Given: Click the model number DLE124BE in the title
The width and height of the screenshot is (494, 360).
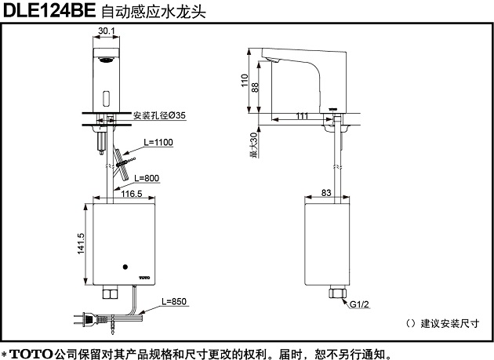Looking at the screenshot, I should pyautogui.click(x=51, y=12).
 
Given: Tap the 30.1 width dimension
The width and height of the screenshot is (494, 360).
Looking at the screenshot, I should pyautogui.click(x=107, y=31).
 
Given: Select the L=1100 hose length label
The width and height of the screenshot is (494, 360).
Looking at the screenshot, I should pyautogui.click(x=158, y=142).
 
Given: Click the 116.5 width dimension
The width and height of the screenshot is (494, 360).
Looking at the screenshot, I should pyautogui.click(x=129, y=192).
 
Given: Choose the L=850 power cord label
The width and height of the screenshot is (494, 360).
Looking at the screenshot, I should pyautogui.click(x=174, y=300).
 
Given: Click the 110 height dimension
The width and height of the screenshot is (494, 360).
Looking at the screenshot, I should pyautogui.click(x=245, y=81).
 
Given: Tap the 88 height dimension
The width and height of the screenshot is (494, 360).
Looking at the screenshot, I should pyautogui.click(x=254, y=88).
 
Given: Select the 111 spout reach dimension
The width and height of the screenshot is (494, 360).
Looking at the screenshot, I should pyautogui.click(x=303, y=116).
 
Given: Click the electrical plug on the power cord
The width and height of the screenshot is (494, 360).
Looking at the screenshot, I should pyautogui.click(x=81, y=320).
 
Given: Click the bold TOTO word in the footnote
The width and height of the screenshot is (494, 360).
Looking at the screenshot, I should pyautogui.click(x=32, y=353).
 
